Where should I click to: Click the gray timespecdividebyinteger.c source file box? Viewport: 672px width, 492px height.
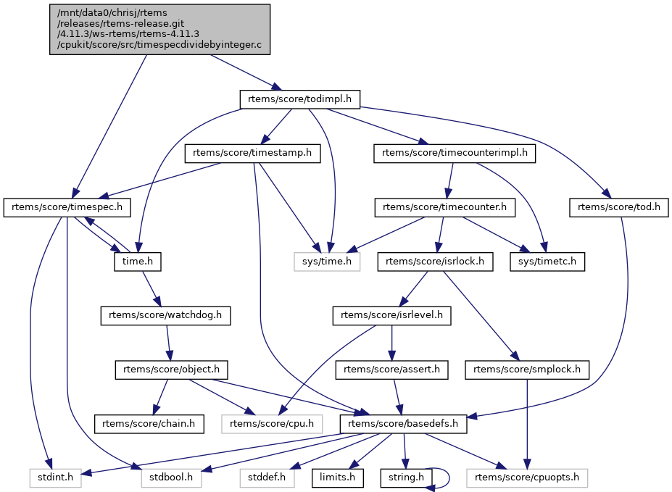pyautogui.click(x=159, y=29)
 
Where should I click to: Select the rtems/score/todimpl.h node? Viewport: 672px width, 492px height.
pyautogui.click(x=300, y=99)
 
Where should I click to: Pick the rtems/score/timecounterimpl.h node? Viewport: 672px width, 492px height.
pyautogui.click(x=455, y=154)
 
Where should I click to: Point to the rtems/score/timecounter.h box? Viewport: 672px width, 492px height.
pyautogui.click(x=444, y=207)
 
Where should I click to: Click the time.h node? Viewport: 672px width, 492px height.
pyautogui.click(x=137, y=262)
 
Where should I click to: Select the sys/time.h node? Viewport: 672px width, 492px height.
pyautogui.click(x=327, y=262)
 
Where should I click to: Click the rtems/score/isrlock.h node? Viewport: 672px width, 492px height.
pyautogui.click(x=435, y=262)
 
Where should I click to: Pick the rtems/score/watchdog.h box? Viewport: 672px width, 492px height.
pyautogui.click(x=166, y=315)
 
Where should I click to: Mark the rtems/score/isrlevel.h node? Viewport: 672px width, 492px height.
pyautogui.click(x=391, y=315)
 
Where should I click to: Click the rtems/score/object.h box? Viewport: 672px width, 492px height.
pyautogui.click(x=172, y=370)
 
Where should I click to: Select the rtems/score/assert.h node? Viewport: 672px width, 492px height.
pyautogui.click(x=391, y=370)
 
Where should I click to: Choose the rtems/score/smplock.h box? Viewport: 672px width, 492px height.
pyautogui.click(x=527, y=370)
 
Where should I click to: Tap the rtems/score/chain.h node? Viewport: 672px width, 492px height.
pyautogui.click(x=149, y=423)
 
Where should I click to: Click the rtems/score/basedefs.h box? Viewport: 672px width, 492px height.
pyautogui.click(x=404, y=423)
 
